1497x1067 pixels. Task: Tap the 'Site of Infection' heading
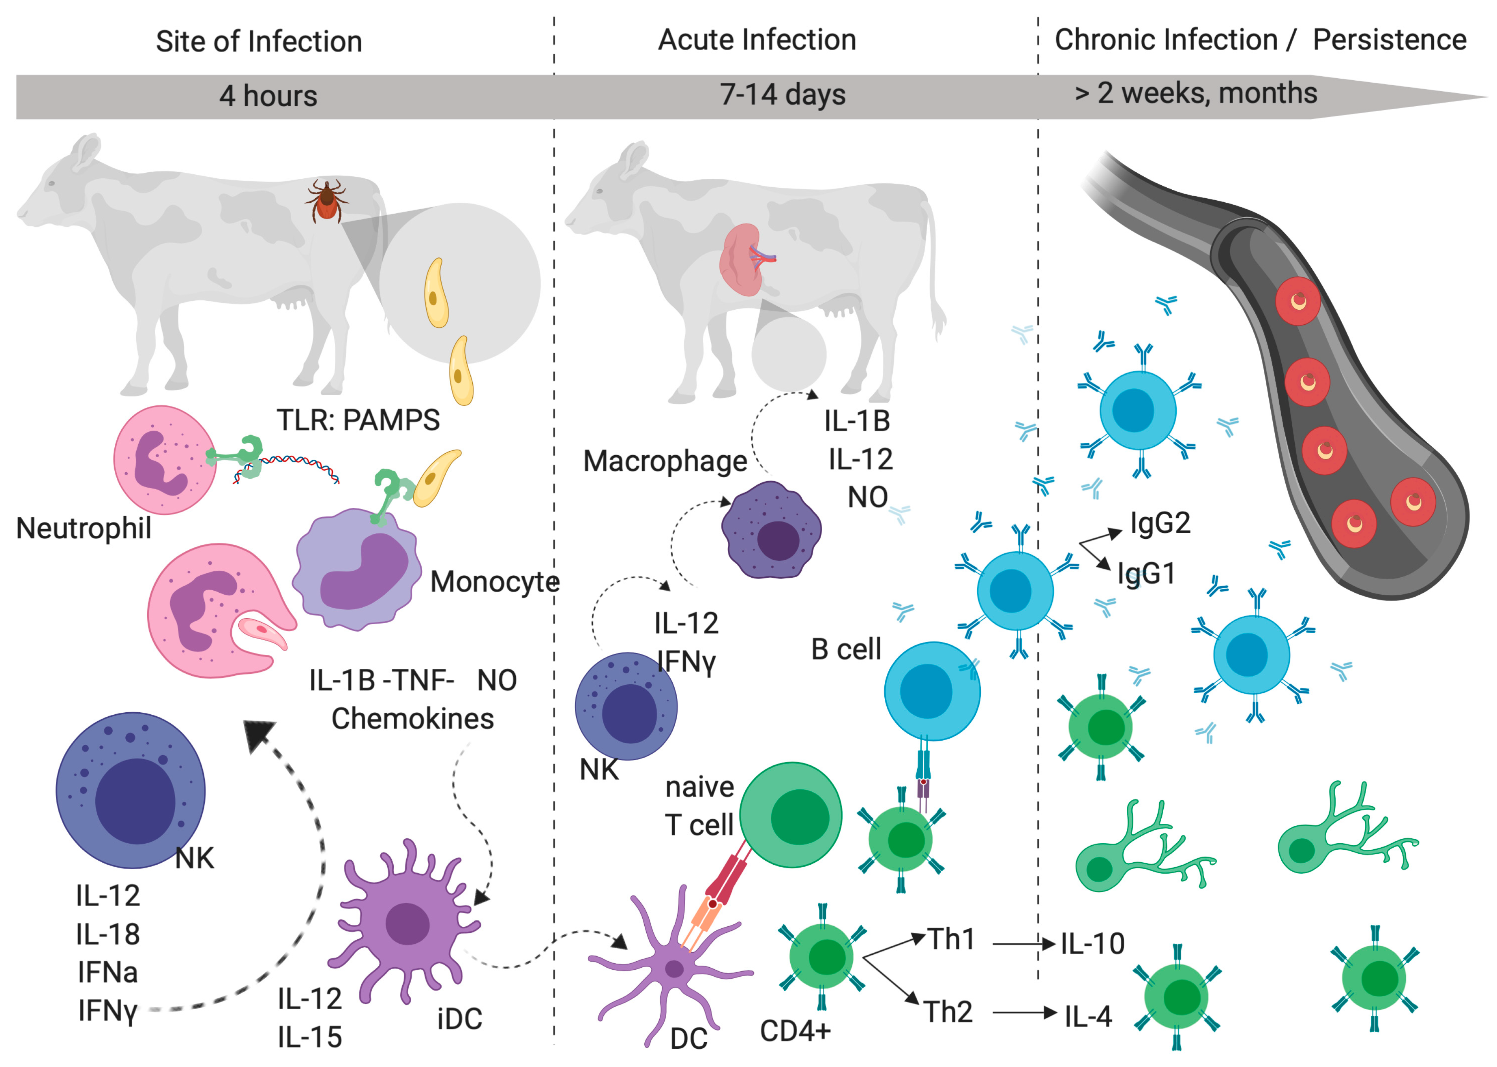pos(259,41)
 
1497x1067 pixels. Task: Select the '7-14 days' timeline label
pos(782,94)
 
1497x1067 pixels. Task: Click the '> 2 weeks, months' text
pos(1195,93)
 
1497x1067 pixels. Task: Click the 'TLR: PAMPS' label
pos(358,420)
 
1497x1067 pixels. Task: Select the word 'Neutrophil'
pos(84,528)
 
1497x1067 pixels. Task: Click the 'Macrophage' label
pos(665,461)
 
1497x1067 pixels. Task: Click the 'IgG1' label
pos(1146,574)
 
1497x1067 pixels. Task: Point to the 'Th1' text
pos(951,940)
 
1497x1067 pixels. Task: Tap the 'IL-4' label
pos(1088,1016)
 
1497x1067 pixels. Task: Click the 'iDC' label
pos(459,1019)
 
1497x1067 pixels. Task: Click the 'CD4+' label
pos(795,1031)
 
